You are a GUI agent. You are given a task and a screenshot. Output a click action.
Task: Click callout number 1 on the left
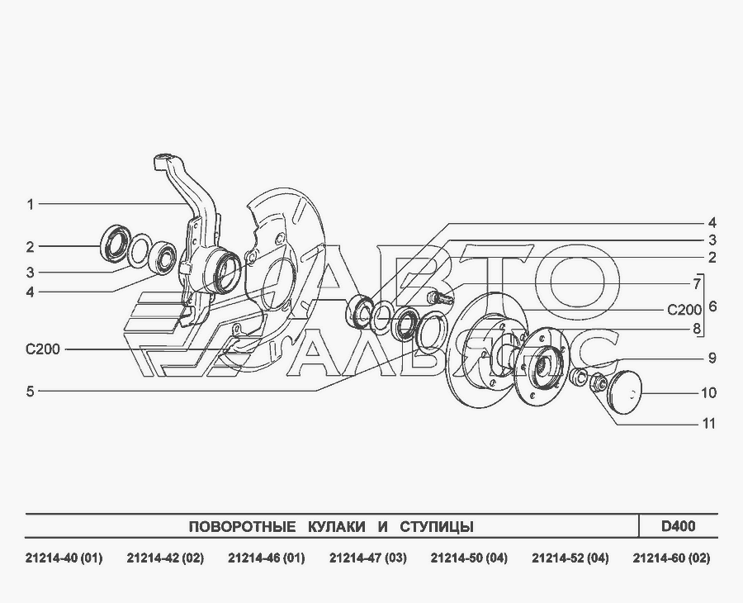(x=31, y=205)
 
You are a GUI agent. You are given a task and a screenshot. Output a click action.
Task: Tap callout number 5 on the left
(x=31, y=392)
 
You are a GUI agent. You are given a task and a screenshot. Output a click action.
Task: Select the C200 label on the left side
(x=43, y=349)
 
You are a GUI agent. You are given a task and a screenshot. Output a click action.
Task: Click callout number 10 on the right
(x=708, y=393)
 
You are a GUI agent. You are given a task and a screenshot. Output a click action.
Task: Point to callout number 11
(x=708, y=423)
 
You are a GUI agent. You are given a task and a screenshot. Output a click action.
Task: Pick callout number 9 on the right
(x=712, y=358)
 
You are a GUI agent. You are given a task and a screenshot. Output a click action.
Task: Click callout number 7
(x=697, y=284)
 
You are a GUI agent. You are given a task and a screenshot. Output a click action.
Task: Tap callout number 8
(x=697, y=329)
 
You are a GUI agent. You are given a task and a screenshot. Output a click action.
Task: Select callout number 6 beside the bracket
(x=712, y=306)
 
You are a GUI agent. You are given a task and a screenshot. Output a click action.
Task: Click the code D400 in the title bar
(x=679, y=526)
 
